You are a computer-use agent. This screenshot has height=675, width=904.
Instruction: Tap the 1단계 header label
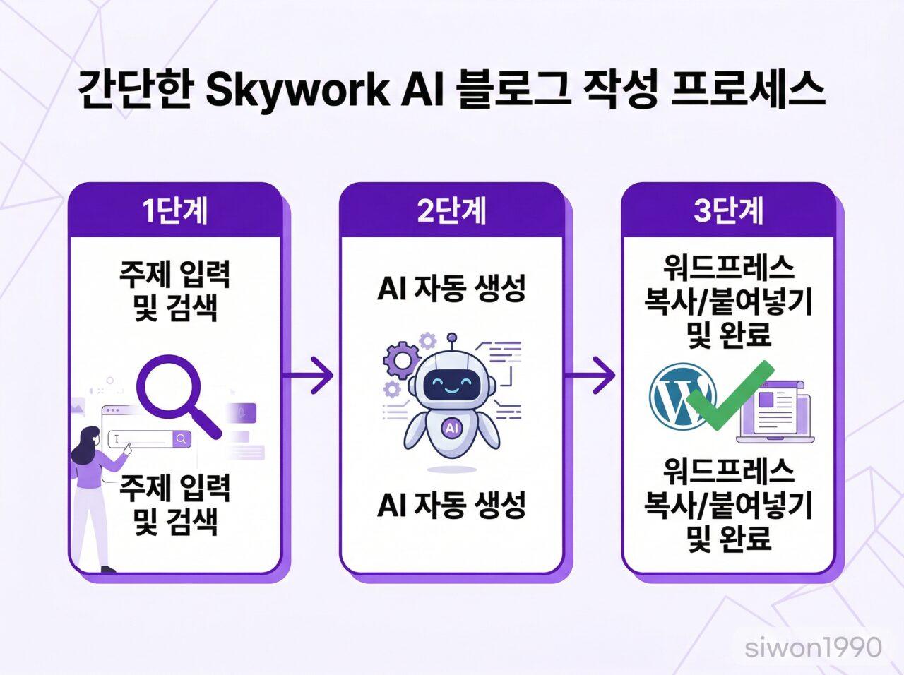175,211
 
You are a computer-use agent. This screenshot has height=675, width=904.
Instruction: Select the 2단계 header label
451,211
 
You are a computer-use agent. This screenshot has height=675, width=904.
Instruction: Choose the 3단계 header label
728,211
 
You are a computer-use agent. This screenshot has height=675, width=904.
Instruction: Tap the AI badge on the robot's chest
451,428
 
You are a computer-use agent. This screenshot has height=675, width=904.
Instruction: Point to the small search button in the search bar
182,439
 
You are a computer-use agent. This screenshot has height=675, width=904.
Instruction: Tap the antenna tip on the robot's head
452,337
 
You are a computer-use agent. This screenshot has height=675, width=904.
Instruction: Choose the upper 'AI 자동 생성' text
451,289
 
